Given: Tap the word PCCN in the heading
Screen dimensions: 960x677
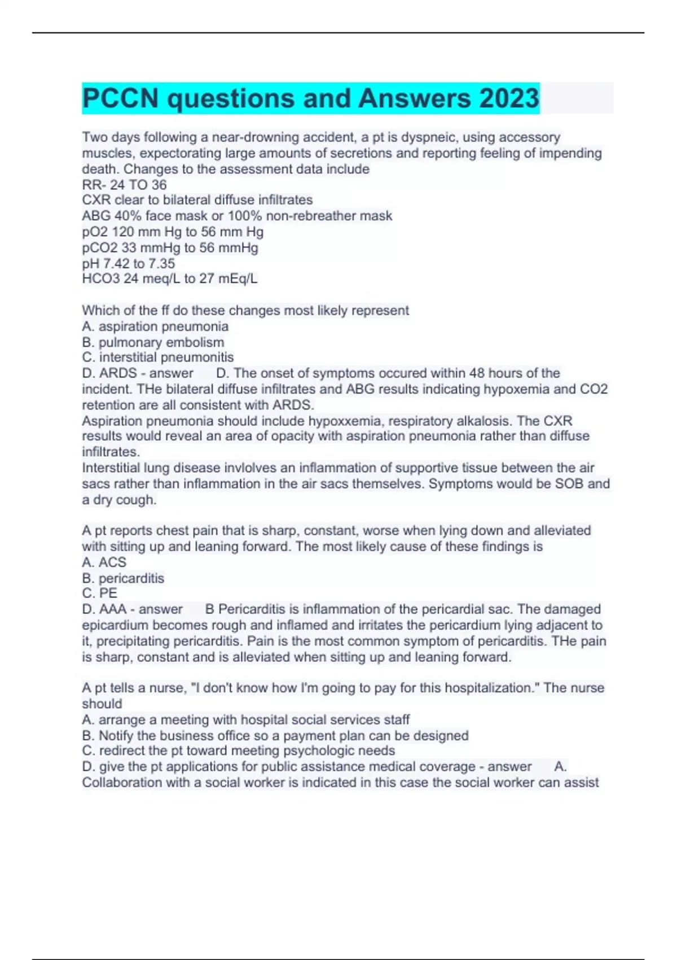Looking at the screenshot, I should point(120,98).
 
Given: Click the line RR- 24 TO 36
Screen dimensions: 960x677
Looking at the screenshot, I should point(124,185).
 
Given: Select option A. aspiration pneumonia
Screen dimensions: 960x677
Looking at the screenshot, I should point(155,326).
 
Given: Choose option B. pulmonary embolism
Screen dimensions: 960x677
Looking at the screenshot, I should point(153,342).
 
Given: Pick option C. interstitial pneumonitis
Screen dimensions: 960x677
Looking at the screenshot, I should point(157,357).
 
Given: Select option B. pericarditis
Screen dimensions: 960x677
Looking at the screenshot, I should point(123,578).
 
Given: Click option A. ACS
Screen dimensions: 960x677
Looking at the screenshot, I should point(104,562).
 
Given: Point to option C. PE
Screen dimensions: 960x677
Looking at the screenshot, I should point(100,594).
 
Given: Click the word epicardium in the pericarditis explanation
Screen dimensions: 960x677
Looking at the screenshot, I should point(115,625).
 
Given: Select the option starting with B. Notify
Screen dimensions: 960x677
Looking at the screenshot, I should point(275,735).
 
